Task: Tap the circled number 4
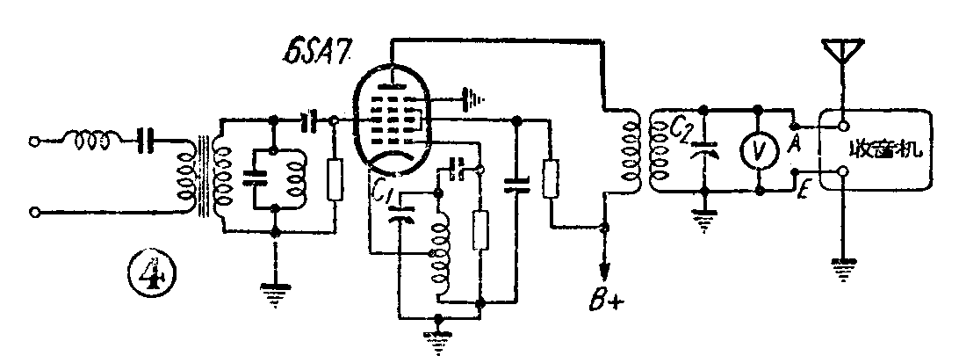click(155, 268)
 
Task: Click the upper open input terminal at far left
click(35, 140)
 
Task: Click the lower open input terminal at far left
click(35, 211)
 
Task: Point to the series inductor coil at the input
click(90, 138)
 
